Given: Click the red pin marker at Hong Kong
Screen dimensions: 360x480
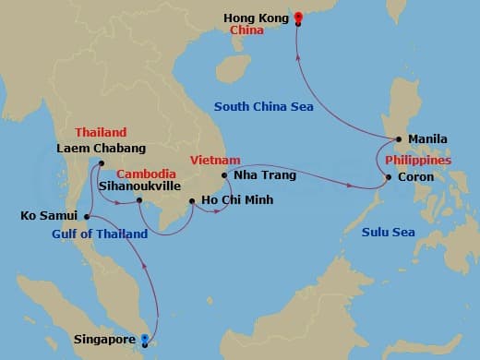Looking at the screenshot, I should coord(298,16).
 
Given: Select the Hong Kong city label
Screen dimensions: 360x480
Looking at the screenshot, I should coord(253,17).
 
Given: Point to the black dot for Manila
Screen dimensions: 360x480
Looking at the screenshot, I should coord(398,140).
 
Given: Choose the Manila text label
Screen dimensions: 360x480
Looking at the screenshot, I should coord(426,139).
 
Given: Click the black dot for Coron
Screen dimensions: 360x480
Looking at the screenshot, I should coord(389,177).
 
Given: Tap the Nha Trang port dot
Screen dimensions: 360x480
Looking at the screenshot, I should coord(225,174).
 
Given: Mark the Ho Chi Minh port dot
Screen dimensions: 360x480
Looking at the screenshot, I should coord(191,201).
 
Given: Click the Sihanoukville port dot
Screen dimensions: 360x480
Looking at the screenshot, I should coord(138,200).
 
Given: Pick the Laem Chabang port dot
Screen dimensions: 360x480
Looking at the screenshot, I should coord(102,163).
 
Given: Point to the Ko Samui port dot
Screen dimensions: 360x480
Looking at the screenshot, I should coord(86,217).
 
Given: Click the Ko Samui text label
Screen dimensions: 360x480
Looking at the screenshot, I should coord(49,217).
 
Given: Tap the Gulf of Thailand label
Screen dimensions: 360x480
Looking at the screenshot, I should coord(100,234).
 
